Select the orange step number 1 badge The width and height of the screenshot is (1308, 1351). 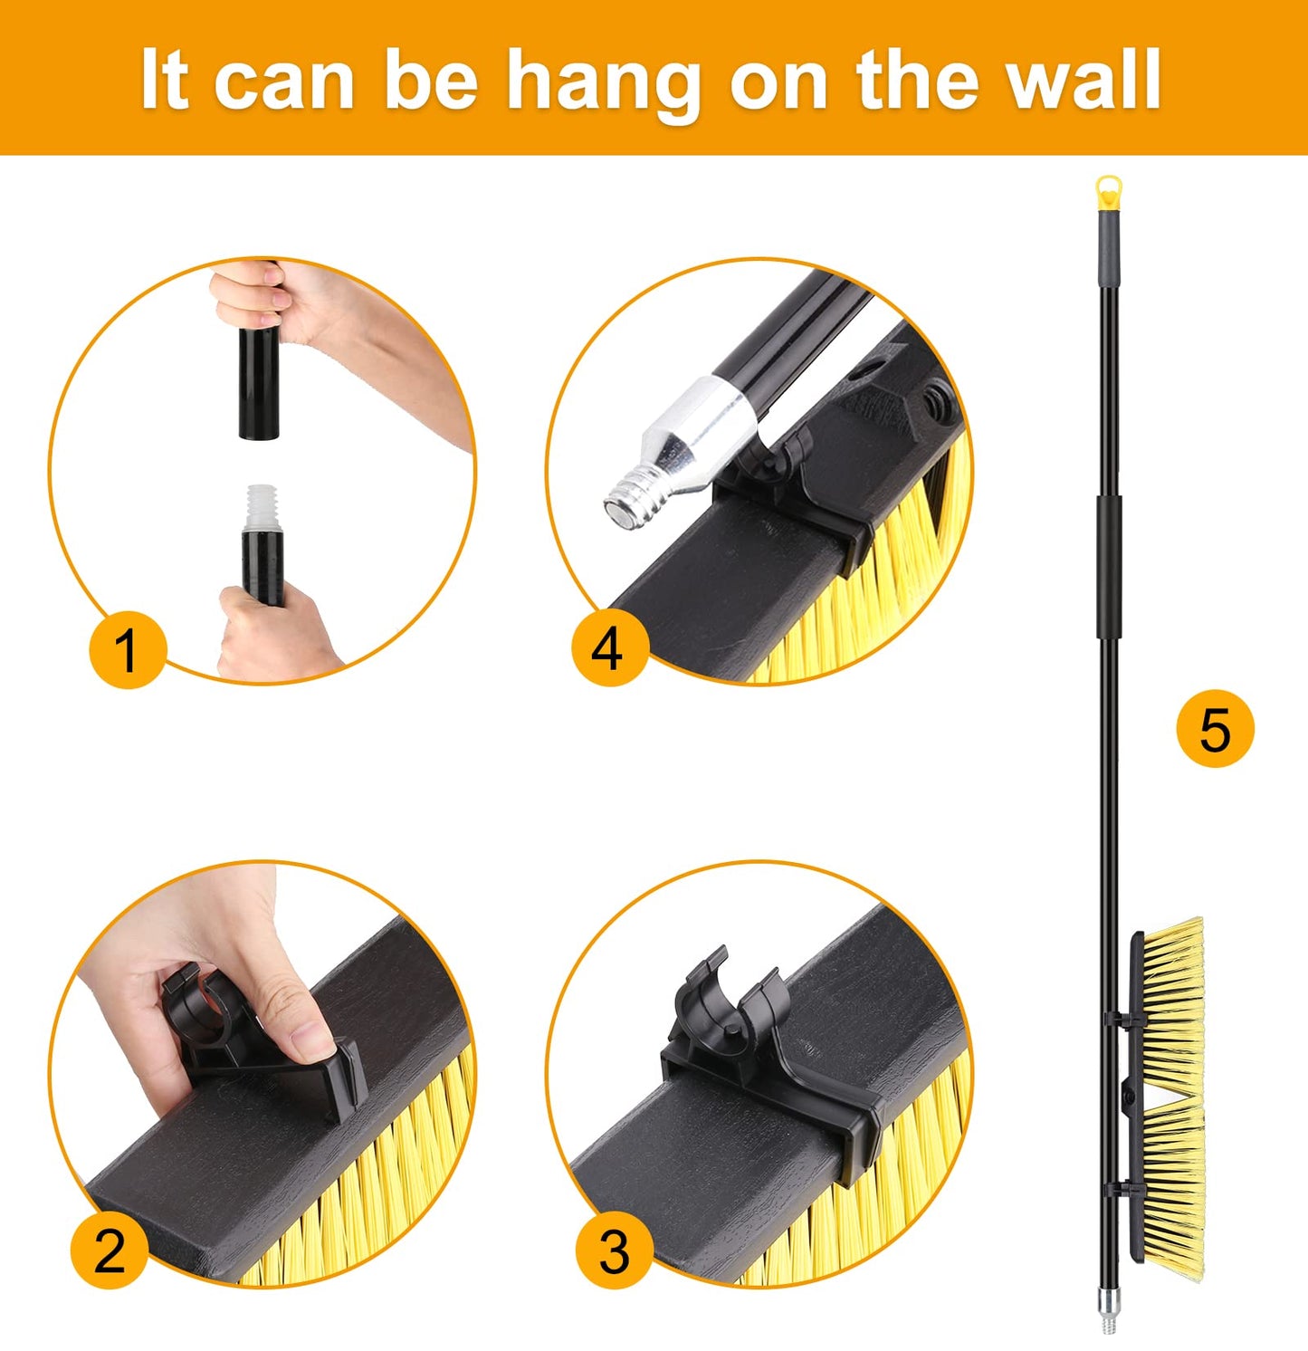click(127, 649)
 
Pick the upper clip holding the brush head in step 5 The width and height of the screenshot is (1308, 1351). click(1122, 1020)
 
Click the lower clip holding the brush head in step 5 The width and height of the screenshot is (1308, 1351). click(1122, 1189)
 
